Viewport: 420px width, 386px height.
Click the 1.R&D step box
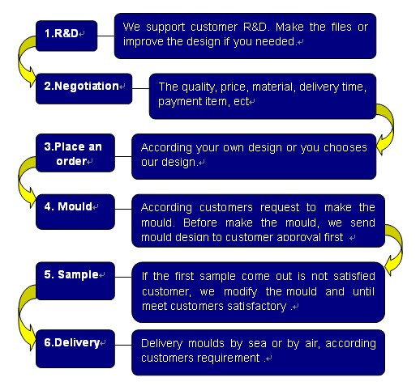pyautogui.click(x=66, y=36)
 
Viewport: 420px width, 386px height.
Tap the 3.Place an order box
pyautogui.click(x=75, y=153)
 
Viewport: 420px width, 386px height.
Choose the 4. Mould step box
pyautogui.click(x=75, y=212)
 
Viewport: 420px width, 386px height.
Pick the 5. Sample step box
pyautogui.click(x=75, y=281)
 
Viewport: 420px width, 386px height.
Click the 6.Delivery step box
pyautogui.click(x=75, y=349)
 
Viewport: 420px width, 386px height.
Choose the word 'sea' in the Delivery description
pyautogui.click(x=257, y=344)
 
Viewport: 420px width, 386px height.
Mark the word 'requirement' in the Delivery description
pyautogui.click(x=229, y=358)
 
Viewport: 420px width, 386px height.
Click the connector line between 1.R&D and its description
pyautogui.click(x=105, y=36)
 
